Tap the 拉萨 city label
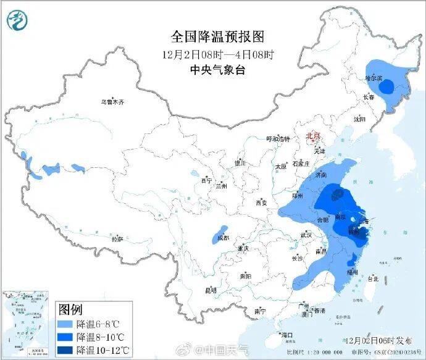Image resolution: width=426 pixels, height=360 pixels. pos(117,238)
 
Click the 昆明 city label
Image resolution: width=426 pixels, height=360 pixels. pos(211,290)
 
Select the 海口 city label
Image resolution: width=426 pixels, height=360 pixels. pos(286,335)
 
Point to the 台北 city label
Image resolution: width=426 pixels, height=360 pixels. pos(372,278)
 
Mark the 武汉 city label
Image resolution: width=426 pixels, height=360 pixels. pos(306,235)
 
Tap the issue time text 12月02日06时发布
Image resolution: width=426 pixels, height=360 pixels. pos(374,340)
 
